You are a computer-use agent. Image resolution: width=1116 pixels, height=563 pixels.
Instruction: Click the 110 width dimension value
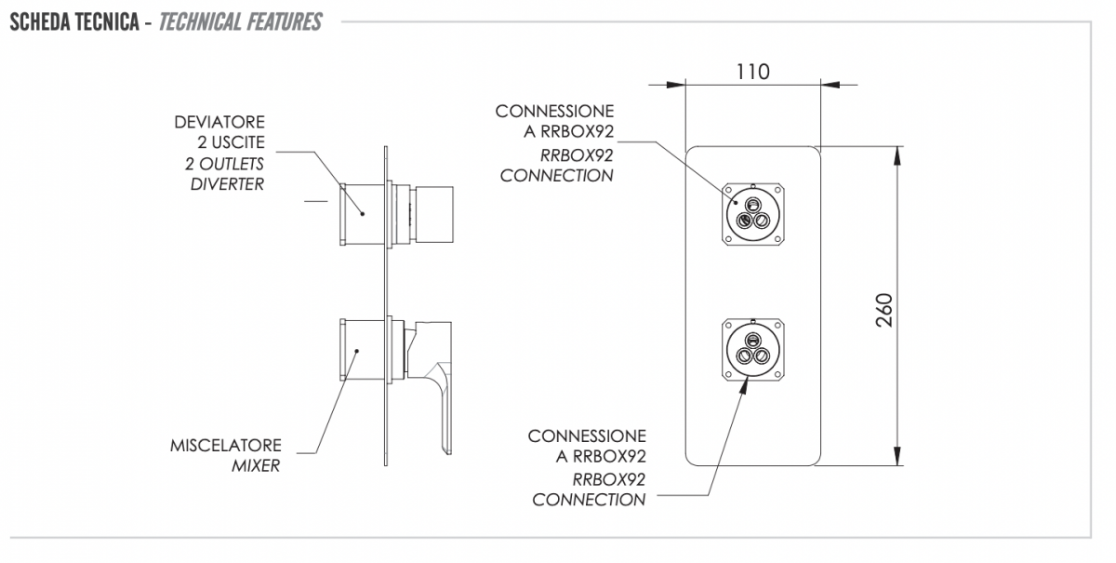point(752,73)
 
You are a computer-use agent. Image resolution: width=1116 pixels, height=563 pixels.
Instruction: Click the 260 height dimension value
point(884,310)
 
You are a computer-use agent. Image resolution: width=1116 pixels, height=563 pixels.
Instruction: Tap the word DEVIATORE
point(219,122)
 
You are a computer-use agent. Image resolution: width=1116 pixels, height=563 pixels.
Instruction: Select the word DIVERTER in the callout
point(227,184)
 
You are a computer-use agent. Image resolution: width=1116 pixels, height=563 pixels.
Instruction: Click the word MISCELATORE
point(226,446)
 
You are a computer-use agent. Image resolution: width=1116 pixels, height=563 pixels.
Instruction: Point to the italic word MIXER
point(256,466)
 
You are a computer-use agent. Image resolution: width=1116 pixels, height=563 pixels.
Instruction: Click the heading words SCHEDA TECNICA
point(74,22)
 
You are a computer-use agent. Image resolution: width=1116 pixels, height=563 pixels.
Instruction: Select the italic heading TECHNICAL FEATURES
point(241,22)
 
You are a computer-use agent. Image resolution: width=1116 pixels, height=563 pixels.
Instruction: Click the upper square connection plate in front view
point(752,214)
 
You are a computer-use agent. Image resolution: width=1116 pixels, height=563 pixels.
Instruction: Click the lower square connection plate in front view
point(752,350)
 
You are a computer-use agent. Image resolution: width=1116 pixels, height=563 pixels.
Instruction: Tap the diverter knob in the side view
point(434,215)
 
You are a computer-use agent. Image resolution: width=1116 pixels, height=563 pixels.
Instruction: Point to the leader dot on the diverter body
point(363,214)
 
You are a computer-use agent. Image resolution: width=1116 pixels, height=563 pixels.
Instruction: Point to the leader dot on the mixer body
point(357,351)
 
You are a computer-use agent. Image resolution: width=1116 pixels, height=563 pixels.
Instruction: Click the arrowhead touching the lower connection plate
point(743,386)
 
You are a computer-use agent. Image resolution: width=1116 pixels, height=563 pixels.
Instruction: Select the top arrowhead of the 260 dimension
point(897,155)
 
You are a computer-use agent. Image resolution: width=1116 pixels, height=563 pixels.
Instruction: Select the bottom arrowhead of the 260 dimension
point(897,456)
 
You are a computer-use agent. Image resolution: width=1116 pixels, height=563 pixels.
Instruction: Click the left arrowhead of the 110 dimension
point(675,85)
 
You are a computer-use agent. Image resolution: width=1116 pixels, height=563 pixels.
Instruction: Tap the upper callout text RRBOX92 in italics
point(577,155)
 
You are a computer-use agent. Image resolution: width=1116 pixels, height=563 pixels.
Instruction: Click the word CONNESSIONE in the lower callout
point(587,436)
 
